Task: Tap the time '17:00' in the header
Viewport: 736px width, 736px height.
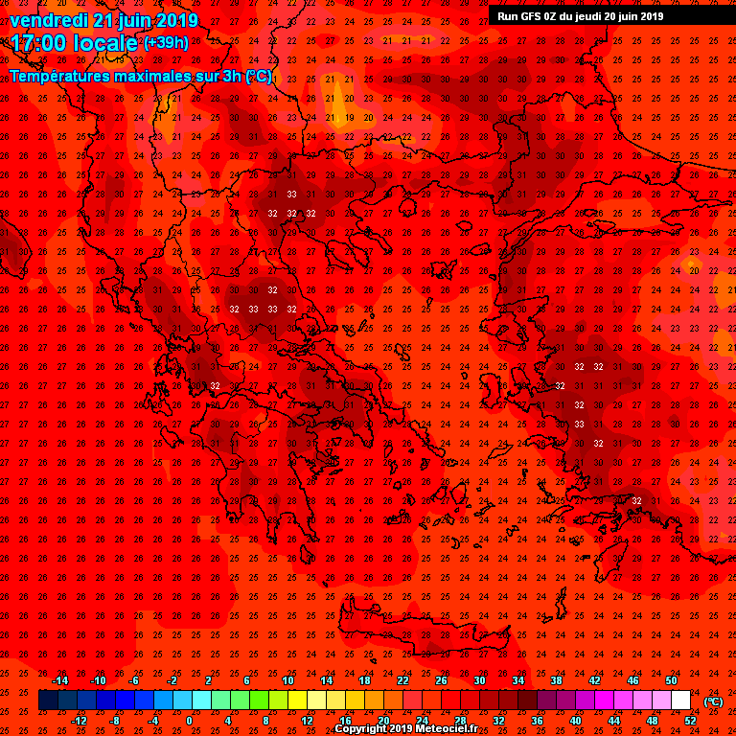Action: coord(38,43)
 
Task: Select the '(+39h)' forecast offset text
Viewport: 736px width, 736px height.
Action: coord(165,43)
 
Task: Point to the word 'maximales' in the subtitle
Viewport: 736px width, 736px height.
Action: coord(164,75)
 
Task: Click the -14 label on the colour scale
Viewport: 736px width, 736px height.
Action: coord(59,680)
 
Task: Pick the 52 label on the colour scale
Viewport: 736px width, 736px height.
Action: coord(690,721)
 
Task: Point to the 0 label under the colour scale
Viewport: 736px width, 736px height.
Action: coord(189,721)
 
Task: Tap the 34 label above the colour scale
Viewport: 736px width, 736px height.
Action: coord(517,680)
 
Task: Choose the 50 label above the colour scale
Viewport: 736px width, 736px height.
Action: coord(671,680)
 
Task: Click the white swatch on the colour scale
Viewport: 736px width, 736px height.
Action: coord(680,701)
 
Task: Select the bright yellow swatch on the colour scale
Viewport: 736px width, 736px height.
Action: coord(297,701)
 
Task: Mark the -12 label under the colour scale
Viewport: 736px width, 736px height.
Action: coord(80,721)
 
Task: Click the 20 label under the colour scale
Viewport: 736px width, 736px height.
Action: coord(383,721)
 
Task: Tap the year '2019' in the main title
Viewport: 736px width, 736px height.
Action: coord(176,20)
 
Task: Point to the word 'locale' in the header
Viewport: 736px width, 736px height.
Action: coord(102,43)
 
